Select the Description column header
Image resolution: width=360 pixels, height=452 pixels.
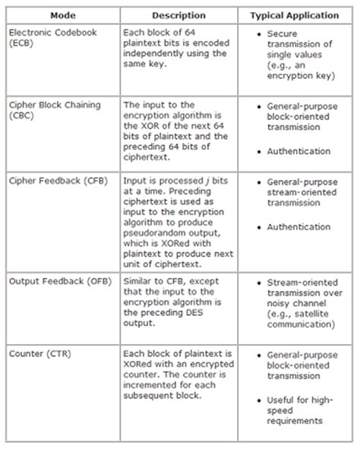click(x=178, y=14)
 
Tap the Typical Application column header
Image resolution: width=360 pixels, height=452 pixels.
click(x=296, y=14)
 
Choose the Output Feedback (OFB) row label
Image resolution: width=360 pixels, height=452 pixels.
click(x=52, y=281)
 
